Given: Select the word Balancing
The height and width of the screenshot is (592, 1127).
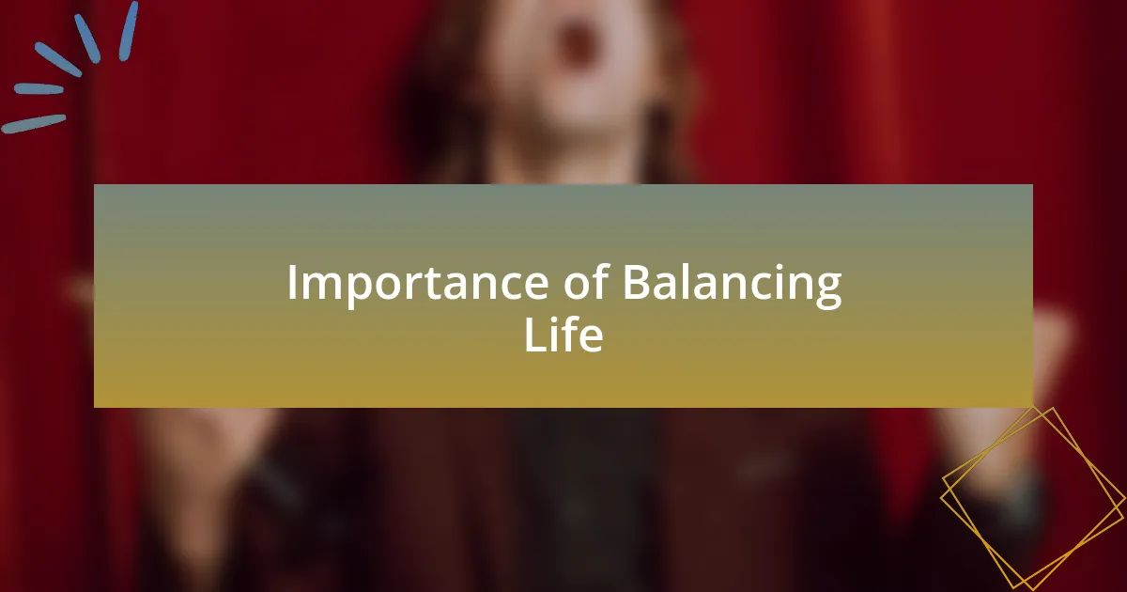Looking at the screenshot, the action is coord(732,284).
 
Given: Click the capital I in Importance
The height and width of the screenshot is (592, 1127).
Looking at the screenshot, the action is coord(291,282).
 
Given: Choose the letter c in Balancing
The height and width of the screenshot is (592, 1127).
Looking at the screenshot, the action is coord(756,288).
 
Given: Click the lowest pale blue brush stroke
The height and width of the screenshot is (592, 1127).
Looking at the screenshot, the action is coord(33,124).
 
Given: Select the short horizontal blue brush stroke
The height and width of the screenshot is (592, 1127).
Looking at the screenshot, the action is coord(39,89).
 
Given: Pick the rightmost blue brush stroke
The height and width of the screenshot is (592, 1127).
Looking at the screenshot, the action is coord(129,31).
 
